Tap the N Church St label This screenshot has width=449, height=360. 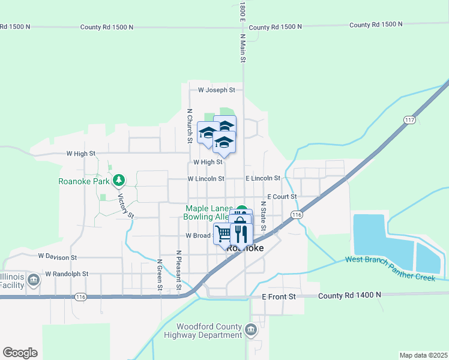point(189,126)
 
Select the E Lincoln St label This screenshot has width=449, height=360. point(263,178)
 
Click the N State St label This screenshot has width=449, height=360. point(263,214)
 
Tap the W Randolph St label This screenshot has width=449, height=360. point(63,274)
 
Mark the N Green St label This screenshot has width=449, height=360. point(160,274)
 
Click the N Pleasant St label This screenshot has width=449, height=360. point(179,271)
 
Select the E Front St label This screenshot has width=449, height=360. point(279,296)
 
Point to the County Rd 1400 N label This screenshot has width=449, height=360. point(350,295)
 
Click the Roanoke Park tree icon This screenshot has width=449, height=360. point(119,179)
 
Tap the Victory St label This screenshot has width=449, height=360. point(125,206)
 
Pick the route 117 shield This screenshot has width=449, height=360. point(409,120)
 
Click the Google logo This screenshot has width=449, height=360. point(20,353)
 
